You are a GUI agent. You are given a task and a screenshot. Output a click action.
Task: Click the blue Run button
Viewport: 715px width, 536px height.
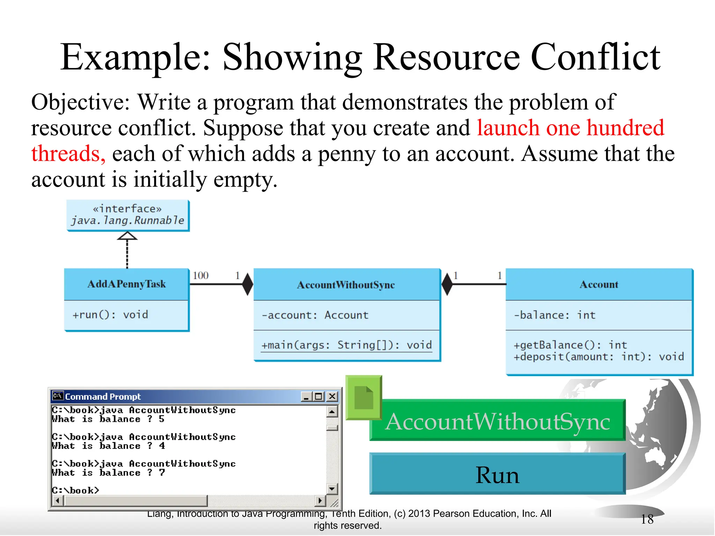coord(497,475)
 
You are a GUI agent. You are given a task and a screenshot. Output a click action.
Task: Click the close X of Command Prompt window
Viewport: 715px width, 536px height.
coord(332,396)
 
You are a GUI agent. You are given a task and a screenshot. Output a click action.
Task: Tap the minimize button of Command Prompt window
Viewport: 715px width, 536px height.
coord(306,396)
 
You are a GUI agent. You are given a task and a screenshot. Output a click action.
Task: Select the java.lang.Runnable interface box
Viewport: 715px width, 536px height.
coord(128,215)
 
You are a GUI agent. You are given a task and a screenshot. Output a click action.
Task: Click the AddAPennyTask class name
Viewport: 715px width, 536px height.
coord(126,284)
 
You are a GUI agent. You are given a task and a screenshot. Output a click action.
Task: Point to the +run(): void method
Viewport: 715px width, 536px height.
coord(110,315)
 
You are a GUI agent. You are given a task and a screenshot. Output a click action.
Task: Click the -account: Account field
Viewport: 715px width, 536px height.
coord(315,315)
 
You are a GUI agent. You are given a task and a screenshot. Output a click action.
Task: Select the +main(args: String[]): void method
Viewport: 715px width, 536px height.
coord(346,345)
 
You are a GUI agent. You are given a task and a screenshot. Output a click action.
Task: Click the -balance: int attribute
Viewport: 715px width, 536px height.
coord(554,315)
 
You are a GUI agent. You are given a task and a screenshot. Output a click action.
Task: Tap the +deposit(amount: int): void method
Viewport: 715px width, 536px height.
coord(598,357)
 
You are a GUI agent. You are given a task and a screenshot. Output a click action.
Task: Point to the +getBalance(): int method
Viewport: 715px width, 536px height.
coord(570,345)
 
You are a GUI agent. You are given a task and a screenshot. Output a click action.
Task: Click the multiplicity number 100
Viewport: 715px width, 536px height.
coord(200,276)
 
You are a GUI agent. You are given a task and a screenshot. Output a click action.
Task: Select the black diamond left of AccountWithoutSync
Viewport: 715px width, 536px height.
coord(248,284)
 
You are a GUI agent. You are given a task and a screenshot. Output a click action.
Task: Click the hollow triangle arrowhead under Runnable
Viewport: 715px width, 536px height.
coord(127,236)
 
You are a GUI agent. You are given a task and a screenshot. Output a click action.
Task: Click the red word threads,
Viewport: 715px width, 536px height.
coord(68,154)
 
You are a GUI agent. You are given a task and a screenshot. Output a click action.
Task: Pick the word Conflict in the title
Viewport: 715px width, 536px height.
coord(595,57)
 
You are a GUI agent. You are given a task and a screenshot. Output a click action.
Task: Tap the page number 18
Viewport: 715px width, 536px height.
coord(647,519)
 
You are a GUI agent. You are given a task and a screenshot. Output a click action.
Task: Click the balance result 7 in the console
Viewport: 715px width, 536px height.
coord(162,472)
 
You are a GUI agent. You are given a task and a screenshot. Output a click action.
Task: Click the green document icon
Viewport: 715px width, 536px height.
coord(363,397)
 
